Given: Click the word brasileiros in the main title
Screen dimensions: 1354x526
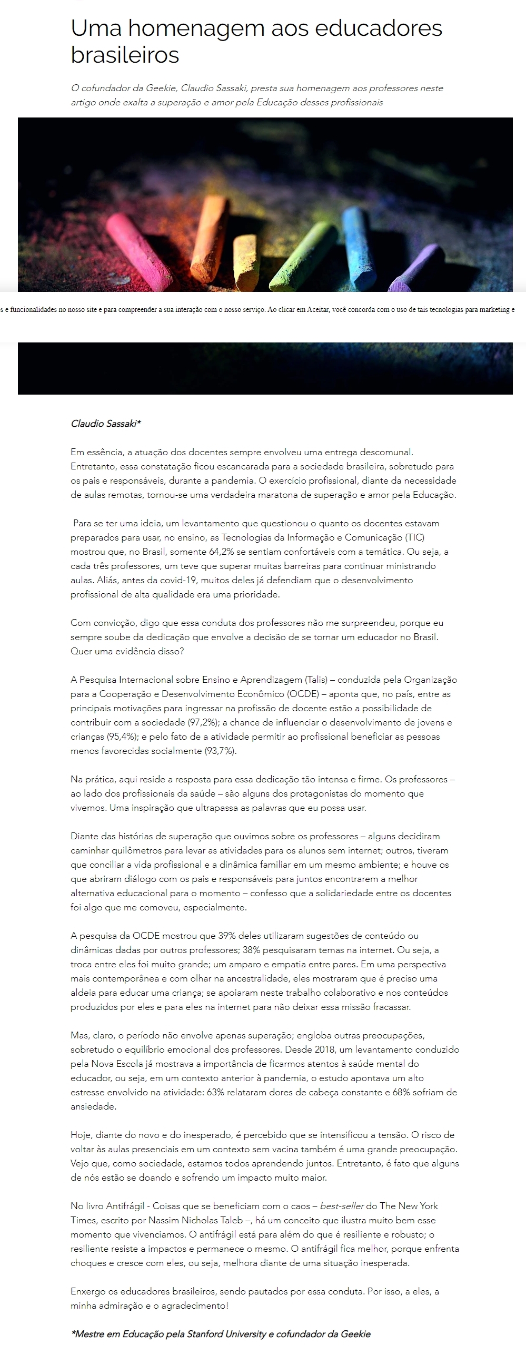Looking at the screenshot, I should pyautogui.click(x=125, y=55).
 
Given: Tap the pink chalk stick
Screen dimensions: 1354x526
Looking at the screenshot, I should pyautogui.click(x=137, y=252).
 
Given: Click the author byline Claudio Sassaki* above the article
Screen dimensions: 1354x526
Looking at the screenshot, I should pyautogui.click(x=106, y=424).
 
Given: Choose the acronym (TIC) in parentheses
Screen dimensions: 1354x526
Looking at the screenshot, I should pyautogui.click(x=415, y=538).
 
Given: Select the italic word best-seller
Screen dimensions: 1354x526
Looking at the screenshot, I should pyautogui.click(x=342, y=1206).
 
